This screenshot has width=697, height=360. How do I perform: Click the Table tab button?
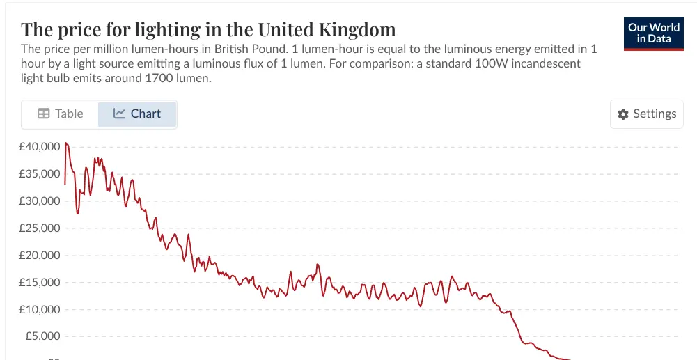[x=60, y=114]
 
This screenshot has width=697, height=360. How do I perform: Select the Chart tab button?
[x=137, y=114]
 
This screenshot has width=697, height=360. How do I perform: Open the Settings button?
[x=647, y=114]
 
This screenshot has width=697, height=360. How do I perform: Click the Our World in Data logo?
[x=654, y=33]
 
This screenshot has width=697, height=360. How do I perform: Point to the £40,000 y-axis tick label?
[x=40, y=147]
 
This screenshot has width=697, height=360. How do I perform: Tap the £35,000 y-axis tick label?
[x=40, y=174]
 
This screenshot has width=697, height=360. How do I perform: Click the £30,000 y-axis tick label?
[x=40, y=201]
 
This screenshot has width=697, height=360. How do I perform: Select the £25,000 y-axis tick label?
[x=40, y=228]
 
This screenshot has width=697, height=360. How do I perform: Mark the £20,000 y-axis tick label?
[x=40, y=256]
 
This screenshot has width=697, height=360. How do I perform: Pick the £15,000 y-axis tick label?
[x=40, y=283]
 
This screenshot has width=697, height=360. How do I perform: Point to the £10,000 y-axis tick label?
[x=40, y=310]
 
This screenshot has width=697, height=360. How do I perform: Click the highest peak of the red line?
[x=66, y=143]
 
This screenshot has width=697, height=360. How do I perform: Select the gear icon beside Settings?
[x=623, y=114]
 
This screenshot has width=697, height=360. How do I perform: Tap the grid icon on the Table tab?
[x=43, y=114]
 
